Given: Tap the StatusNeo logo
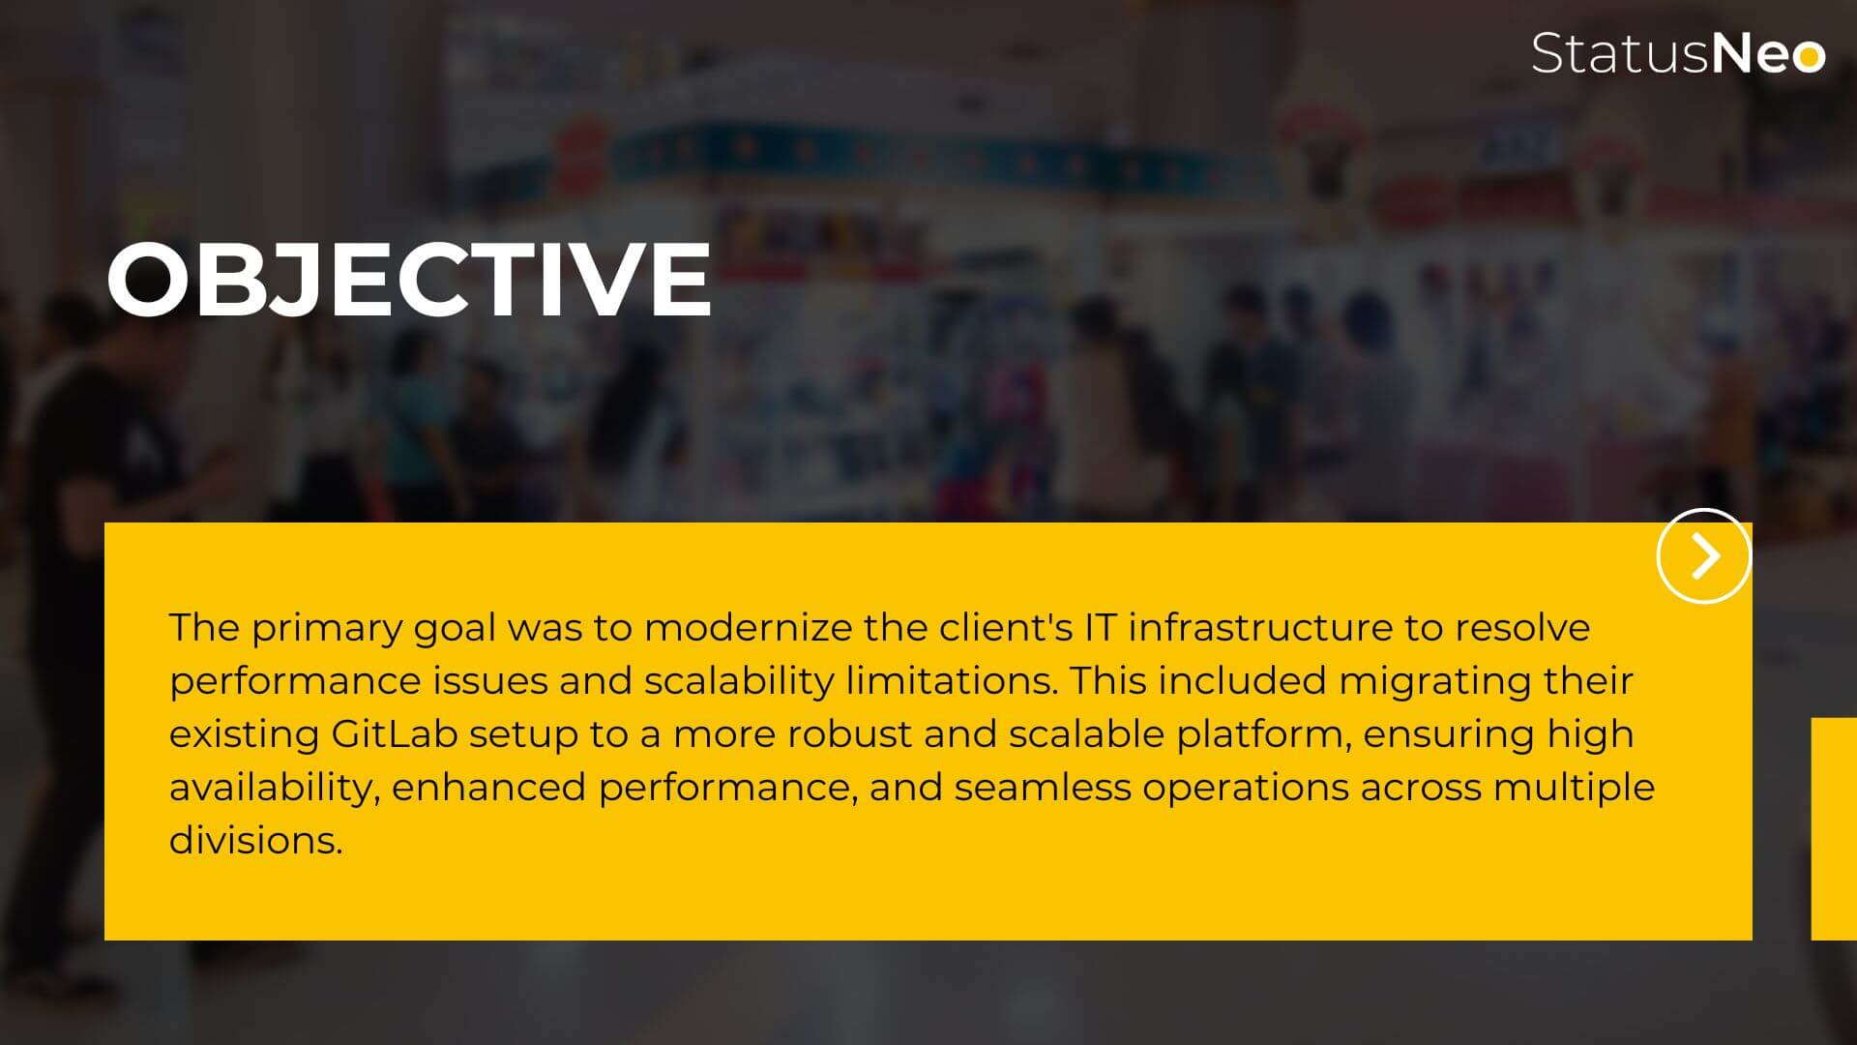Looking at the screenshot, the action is click(x=1678, y=53).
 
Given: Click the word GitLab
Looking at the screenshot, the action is click(x=394, y=733).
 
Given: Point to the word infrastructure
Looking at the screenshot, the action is click(x=1260, y=628).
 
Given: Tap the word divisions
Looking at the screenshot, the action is click(x=255, y=840).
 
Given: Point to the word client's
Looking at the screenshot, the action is click(x=1006, y=628).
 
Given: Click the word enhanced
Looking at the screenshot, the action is click(x=488, y=787).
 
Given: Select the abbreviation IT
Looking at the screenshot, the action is click(x=1101, y=628).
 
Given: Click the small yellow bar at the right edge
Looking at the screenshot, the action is click(x=1834, y=828).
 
